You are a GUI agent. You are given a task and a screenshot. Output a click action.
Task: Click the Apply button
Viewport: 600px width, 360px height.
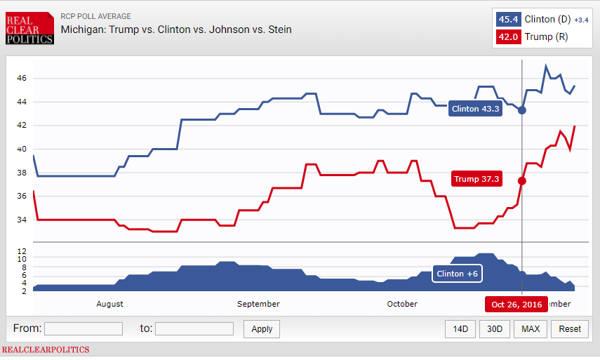coord(262,328)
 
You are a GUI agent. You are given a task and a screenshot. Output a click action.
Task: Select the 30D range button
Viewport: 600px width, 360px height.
coord(495,328)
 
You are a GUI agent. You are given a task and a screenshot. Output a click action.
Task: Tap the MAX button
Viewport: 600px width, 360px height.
coord(531,328)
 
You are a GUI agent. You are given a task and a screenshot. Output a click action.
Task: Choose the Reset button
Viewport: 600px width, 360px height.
coord(570,328)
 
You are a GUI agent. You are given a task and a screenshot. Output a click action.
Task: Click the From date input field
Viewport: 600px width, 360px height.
coord(84,328)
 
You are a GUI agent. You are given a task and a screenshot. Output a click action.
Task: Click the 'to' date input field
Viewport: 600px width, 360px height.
coord(194,328)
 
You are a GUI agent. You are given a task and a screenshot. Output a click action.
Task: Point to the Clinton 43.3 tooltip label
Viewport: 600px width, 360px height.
coord(475,109)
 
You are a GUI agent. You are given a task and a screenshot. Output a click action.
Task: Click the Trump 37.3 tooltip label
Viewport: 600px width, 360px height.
coord(476,179)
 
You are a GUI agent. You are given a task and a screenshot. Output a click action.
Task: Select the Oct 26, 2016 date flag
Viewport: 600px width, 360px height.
coord(517,305)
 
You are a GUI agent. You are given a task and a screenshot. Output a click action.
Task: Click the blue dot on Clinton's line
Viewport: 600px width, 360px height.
coord(522,110)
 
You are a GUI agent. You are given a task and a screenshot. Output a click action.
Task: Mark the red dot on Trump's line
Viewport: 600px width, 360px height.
coord(522,180)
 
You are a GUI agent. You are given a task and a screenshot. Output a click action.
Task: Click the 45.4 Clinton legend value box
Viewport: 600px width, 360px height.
coord(508,20)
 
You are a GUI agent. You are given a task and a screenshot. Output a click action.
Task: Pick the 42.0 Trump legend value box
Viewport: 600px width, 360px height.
coord(508,37)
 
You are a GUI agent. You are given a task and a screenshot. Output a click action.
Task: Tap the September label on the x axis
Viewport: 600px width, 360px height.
coord(258,304)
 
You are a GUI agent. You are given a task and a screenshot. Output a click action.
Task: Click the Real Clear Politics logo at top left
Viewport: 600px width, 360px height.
coord(29,28)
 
